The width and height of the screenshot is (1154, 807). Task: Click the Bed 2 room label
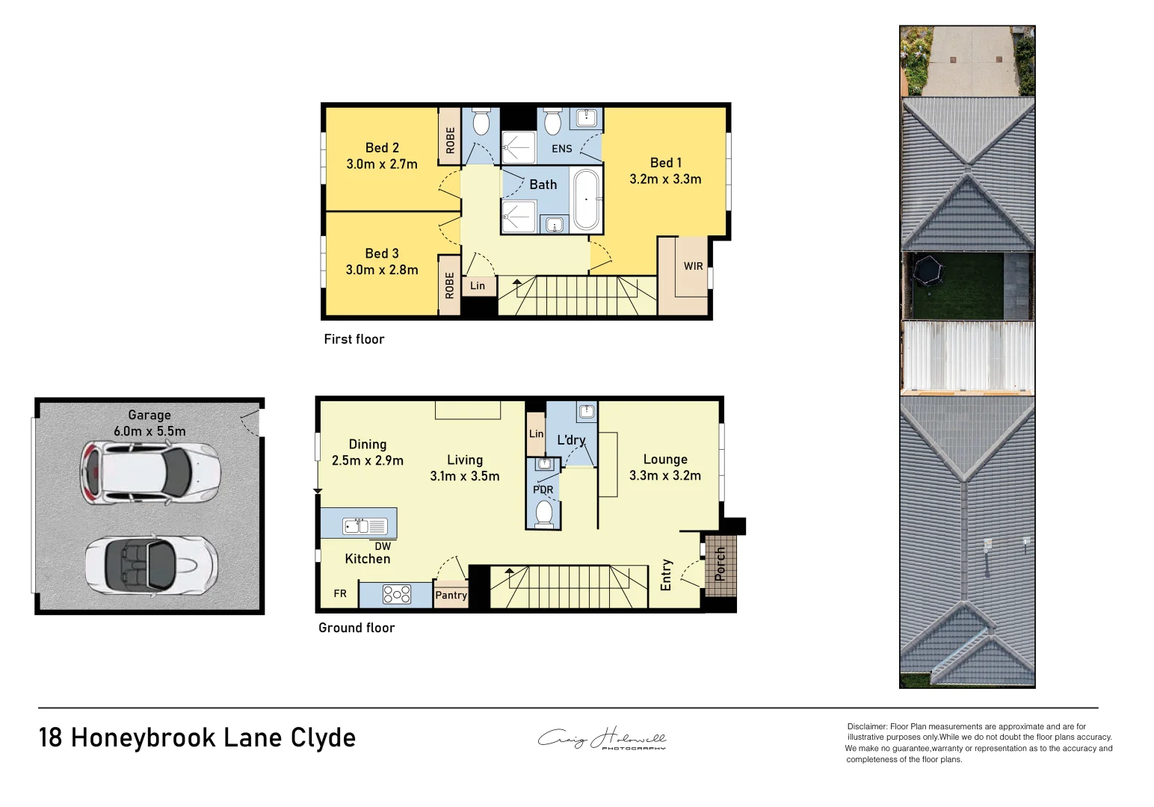[382, 148]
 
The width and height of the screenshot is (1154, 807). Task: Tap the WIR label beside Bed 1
[693, 266]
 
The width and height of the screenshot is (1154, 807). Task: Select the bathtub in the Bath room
[587, 200]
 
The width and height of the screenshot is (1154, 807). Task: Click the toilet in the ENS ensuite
[552, 121]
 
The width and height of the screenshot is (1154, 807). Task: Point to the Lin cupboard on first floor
[478, 285]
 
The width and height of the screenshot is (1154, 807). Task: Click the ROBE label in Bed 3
[449, 285]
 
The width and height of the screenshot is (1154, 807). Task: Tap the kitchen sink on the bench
[364, 526]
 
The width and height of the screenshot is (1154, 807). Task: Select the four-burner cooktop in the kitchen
[396, 594]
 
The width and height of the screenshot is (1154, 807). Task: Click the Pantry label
[451, 595]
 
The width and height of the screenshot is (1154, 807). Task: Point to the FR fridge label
[340, 593]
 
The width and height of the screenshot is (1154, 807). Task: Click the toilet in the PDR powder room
[544, 513]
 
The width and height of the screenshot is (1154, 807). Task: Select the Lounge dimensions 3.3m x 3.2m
[665, 476]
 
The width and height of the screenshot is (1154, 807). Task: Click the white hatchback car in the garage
[150, 473]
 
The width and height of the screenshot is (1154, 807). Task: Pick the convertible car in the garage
[151, 563]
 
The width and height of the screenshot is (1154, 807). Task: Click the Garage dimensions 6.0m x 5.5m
[149, 431]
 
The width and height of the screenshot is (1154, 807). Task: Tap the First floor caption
[354, 339]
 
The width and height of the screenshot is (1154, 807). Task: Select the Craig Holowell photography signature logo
[602, 739]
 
